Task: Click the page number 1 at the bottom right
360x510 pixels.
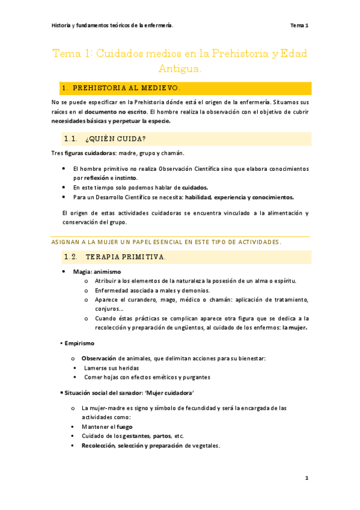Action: (307, 478)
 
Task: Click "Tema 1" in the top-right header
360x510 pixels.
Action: (299, 25)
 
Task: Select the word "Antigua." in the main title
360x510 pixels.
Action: (181, 70)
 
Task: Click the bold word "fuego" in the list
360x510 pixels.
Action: (124, 426)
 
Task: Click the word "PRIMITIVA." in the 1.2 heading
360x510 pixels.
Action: (144, 257)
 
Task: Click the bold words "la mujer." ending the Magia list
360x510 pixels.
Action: (294, 328)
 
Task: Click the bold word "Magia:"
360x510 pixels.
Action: (82, 272)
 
